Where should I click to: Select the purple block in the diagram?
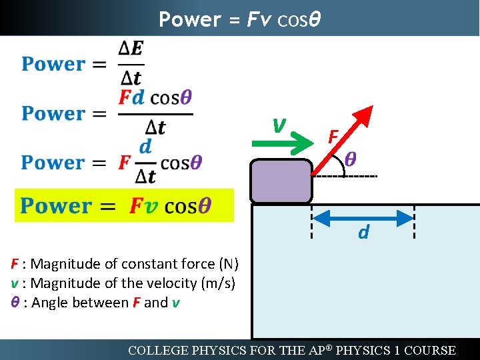point(281,181)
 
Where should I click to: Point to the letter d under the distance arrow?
point(364,233)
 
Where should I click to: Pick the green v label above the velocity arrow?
point(280,123)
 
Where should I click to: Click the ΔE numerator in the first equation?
point(131,49)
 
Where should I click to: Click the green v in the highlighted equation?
point(151,206)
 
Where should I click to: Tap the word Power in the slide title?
point(189,19)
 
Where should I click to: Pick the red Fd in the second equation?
point(131,97)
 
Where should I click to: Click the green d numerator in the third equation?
point(145,146)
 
